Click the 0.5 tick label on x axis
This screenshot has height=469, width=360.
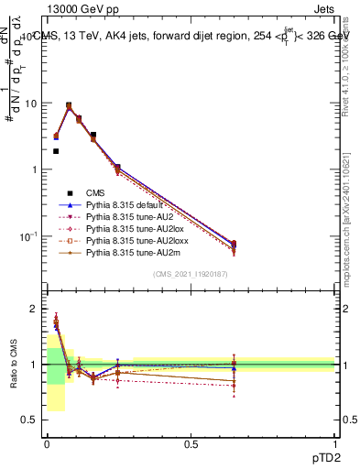click(x=191, y=444)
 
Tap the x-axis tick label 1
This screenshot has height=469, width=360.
click(x=335, y=444)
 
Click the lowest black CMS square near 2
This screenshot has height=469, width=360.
click(x=56, y=151)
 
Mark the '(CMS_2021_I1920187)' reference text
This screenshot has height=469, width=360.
click(x=191, y=274)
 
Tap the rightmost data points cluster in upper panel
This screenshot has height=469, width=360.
click(x=234, y=245)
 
